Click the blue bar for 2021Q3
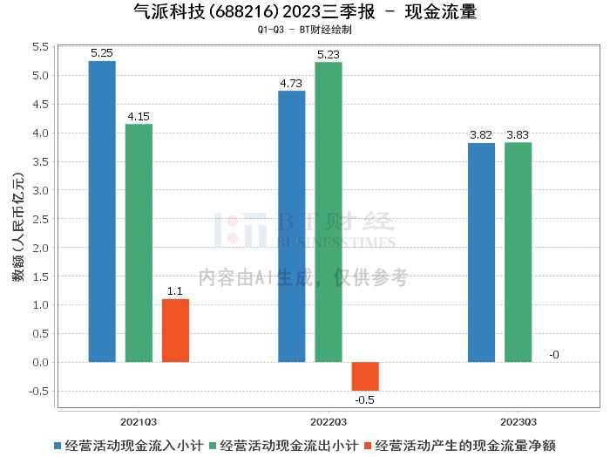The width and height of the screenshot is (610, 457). tap(102, 211)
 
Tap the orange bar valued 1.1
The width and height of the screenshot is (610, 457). tap(175, 331)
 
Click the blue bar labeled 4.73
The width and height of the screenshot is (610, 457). tap(291, 226)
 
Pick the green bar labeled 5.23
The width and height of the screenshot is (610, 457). tap(329, 212)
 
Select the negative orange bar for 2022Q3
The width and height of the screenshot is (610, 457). tap(365, 376)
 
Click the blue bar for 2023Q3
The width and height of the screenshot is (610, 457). tap(481, 252)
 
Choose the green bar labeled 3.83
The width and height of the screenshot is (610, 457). tap(518, 252)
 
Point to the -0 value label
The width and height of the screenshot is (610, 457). tap(554, 354)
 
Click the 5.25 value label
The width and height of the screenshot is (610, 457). tap(102, 53)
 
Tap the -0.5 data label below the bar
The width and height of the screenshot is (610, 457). tap(365, 399)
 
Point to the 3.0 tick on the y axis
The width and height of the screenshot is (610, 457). tap(41, 190)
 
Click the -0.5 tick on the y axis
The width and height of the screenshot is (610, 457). tap(39, 391)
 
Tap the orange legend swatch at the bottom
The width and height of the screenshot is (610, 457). tap(368, 445)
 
